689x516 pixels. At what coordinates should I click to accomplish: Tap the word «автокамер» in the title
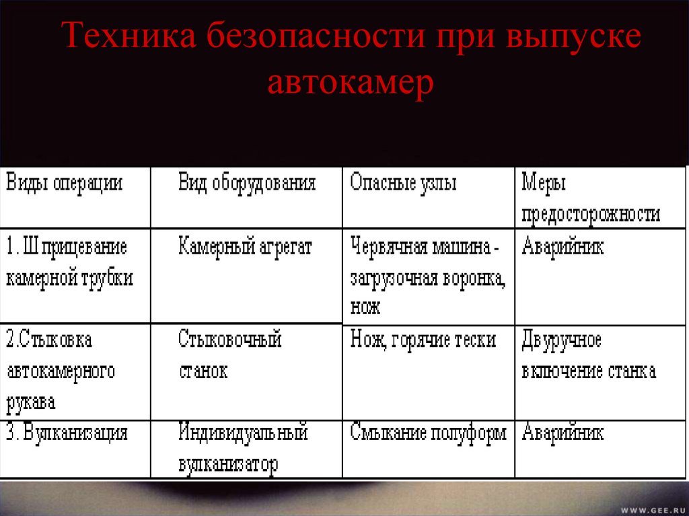350,84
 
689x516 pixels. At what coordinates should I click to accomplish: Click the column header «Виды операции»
65,184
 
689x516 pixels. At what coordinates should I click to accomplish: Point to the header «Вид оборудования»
247,184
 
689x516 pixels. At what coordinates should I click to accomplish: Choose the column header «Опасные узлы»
403,184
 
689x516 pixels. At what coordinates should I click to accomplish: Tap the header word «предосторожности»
591,214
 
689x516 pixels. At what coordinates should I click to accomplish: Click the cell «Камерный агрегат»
245,247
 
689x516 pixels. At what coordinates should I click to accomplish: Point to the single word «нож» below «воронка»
365,307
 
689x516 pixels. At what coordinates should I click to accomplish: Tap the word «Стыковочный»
230,340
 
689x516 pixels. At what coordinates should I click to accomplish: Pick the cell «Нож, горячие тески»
423,340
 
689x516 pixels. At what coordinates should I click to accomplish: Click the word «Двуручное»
561,340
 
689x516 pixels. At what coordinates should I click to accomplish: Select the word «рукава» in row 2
31,403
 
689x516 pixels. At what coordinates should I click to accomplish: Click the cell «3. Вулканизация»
67,433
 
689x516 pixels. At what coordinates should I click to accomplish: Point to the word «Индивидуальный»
243,433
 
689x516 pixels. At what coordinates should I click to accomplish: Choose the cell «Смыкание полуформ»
428,433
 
